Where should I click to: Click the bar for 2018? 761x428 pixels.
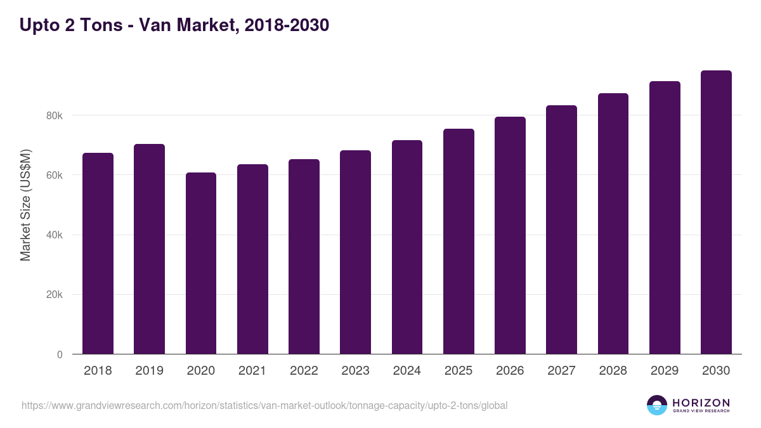(x=98, y=254)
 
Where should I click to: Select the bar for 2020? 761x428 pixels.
(x=201, y=263)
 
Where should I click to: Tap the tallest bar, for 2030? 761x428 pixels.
(x=716, y=212)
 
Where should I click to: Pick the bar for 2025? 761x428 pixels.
(x=459, y=242)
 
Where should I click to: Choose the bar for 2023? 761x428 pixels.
(x=355, y=252)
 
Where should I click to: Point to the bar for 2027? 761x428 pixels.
(x=561, y=230)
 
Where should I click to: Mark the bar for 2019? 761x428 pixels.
(x=149, y=249)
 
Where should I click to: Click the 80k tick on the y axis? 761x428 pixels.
(x=54, y=116)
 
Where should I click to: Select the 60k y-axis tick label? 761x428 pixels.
(x=54, y=176)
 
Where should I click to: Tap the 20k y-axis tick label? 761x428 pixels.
(x=54, y=295)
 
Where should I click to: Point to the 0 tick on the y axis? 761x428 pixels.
(x=60, y=355)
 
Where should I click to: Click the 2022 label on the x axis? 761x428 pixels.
(x=304, y=371)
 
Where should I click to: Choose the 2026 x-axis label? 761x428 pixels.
(x=510, y=371)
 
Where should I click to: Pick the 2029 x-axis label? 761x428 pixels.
(x=665, y=371)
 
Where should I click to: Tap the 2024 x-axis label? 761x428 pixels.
(x=407, y=371)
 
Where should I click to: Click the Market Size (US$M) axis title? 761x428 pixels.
(x=25, y=204)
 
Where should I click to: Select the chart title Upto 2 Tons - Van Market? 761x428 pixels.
(x=174, y=25)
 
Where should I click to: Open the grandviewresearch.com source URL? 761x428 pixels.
(x=264, y=405)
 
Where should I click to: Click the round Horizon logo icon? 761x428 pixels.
(x=657, y=405)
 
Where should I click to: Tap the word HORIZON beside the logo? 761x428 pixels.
(x=701, y=403)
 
